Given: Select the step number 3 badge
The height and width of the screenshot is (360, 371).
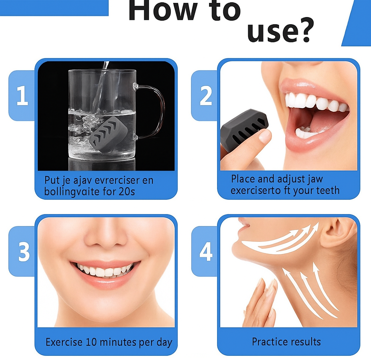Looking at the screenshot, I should point(24,251).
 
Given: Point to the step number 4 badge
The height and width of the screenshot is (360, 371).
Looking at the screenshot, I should point(206,251).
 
